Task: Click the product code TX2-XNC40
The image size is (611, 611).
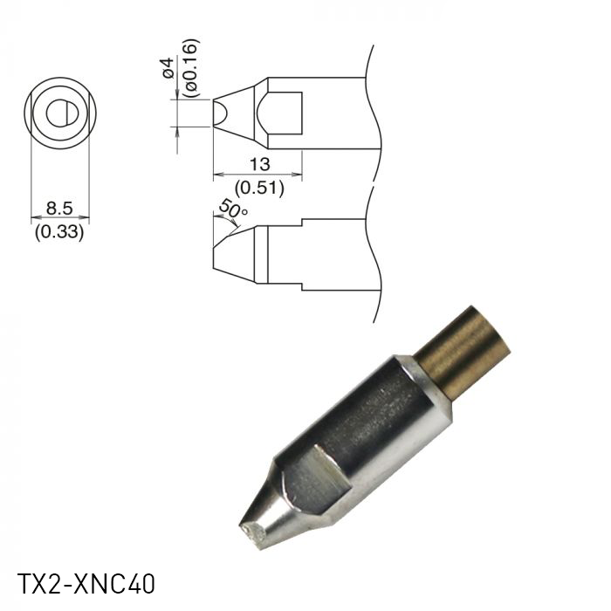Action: tap(86, 583)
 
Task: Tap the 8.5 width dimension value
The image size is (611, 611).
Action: tap(59, 209)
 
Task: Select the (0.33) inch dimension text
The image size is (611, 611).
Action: tap(59, 232)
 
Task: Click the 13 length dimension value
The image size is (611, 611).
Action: tap(258, 163)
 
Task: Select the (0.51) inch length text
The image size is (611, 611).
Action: tap(258, 187)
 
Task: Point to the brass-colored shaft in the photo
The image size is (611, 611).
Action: tap(462, 350)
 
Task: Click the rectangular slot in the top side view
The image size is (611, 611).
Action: tap(285, 113)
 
